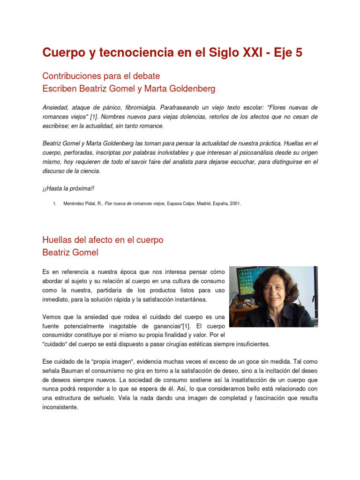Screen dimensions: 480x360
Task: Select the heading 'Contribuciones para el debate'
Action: [101, 75]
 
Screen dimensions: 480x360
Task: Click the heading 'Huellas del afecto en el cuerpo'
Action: [103, 240]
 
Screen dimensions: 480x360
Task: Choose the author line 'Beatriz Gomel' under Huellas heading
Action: [70, 252]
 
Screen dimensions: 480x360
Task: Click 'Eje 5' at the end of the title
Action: [286, 53]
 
